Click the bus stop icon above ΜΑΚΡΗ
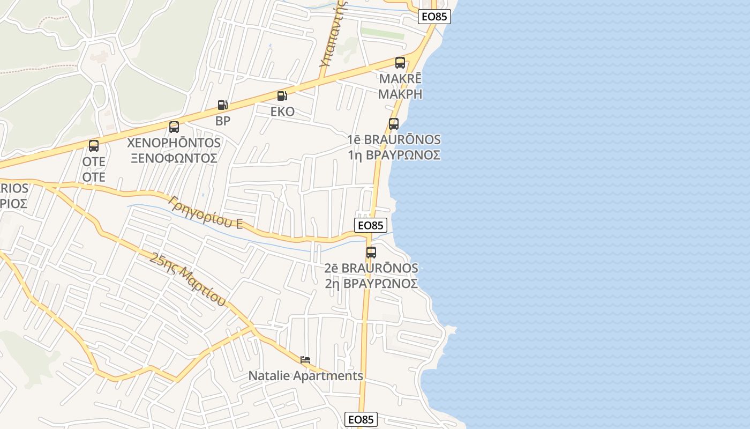400,63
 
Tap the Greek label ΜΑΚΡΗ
400,94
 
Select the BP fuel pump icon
222,105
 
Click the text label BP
223,121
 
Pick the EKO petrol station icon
282,96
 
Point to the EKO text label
282,112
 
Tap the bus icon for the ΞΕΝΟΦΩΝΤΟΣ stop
174,127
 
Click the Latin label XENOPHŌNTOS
174,143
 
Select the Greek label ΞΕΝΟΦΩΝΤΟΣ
174,158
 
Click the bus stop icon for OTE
94,146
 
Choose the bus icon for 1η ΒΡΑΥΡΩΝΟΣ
394,124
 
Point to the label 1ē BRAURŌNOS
394,139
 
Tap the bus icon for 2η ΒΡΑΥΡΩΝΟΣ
371,253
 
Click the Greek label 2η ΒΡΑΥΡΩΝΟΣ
371,283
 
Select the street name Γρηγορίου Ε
206,212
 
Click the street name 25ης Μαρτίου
188,279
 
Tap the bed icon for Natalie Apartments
305,360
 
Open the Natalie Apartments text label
305,376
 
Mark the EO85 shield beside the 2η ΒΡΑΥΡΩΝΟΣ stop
371,225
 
